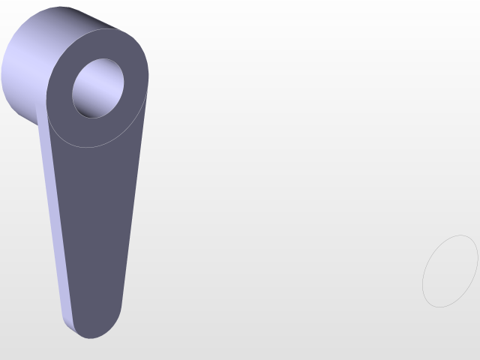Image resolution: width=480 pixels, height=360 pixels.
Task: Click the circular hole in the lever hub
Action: click(x=97, y=88)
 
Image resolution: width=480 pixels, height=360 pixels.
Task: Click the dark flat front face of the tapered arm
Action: click(x=94, y=225)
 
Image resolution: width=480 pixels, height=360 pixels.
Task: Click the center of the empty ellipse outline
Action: click(x=450, y=271)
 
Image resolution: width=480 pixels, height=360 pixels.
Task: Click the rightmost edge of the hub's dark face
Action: click(x=148, y=75)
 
